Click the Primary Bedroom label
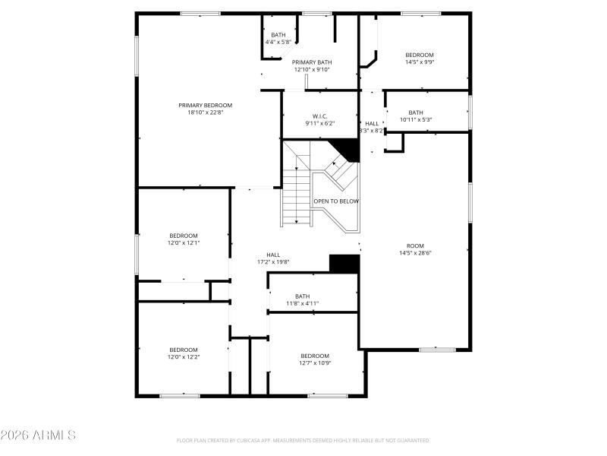[x=205, y=105]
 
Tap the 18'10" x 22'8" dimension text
[x=205, y=112]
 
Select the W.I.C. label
[x=319, y=116]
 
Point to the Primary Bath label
[x=312, y=62]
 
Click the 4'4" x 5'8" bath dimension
[x=278, y=42]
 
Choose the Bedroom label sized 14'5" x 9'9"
[x=419, y=55]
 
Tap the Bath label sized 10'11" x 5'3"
[x=416, y=112]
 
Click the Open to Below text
[x=336, y=201]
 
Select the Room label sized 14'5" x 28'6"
[x=415, y=245]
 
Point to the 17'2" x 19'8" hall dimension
[x=273, y=262]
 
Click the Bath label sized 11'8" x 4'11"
[x=302, y=296]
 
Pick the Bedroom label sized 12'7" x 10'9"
[x=315, y=356]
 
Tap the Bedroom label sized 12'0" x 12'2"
[x=183, y=350]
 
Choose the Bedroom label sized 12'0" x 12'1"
[x=183, y=236]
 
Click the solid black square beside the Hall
[x=344, y=263]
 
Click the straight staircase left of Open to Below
[x=297, y=196]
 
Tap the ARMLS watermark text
[x=38, y=435]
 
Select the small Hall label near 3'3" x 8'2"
[x=372, y=123]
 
